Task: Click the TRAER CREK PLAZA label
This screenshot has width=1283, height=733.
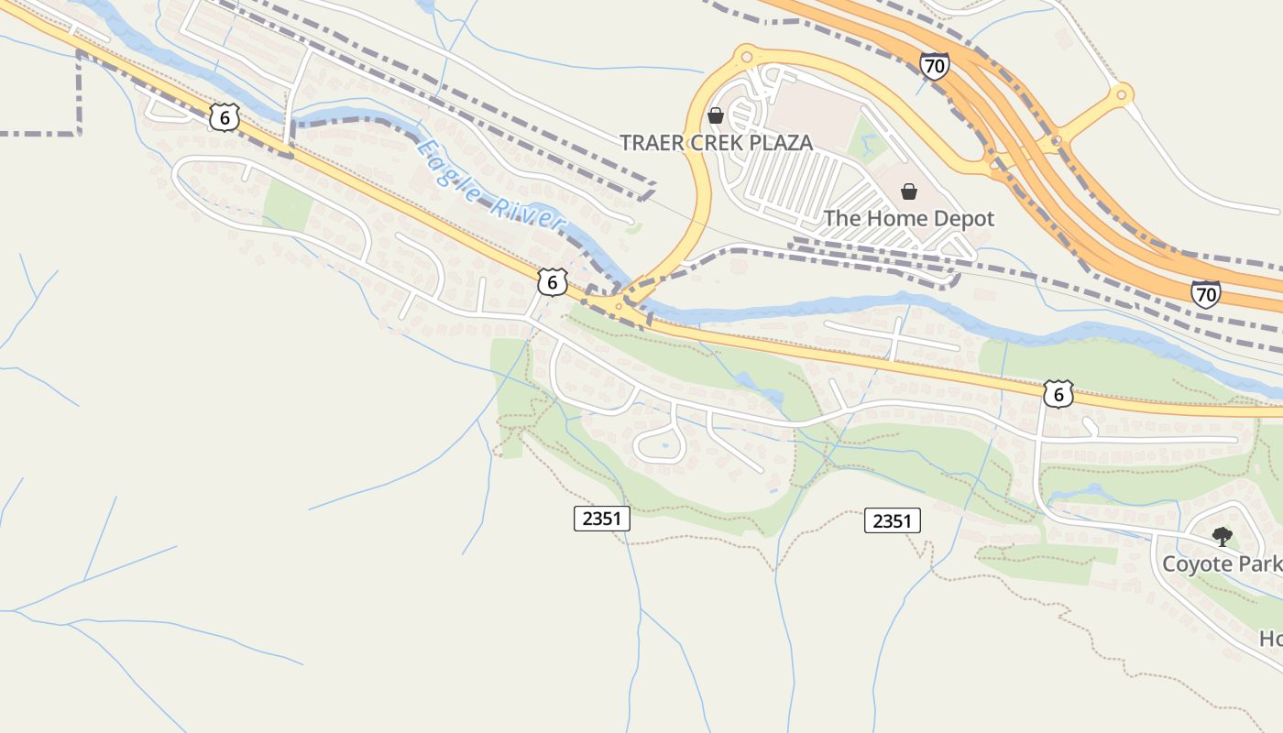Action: pos(716,143)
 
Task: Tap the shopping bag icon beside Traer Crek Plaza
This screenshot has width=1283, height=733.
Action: pos(716,115)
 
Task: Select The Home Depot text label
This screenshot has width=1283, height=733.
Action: pos(908,219)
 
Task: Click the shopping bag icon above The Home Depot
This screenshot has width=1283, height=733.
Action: pos(909,191)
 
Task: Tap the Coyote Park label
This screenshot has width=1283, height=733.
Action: pos(1222,563)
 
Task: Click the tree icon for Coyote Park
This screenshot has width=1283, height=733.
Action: pos(1222,536)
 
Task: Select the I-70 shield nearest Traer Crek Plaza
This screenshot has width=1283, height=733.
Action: pos(934,65)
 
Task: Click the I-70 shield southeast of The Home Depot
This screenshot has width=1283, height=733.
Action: pos(1206,293)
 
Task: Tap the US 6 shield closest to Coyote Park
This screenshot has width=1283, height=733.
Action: pos(1058,394)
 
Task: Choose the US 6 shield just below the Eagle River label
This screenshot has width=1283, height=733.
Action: pos(551,282)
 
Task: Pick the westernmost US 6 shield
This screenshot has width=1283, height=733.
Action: pos(224,116)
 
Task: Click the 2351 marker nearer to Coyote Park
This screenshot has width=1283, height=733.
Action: pos(892,521)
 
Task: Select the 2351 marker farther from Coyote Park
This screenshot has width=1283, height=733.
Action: pos(602,519)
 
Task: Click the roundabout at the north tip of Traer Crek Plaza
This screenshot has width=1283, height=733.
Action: pos(745,56)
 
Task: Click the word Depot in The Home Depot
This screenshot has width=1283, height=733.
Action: pos(961,219)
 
